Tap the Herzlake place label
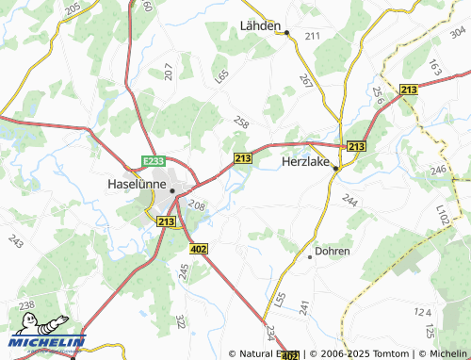point(308,161)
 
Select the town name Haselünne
point(138,184)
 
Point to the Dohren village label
point(333,252)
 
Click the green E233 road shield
point(154,162)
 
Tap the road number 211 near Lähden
point(312,36)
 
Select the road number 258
point(241,123)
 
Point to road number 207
point(169,70)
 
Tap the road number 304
point(458,34)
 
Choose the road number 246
point(438,171)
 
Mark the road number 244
point(350,200)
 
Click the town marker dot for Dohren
point(309,255)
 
